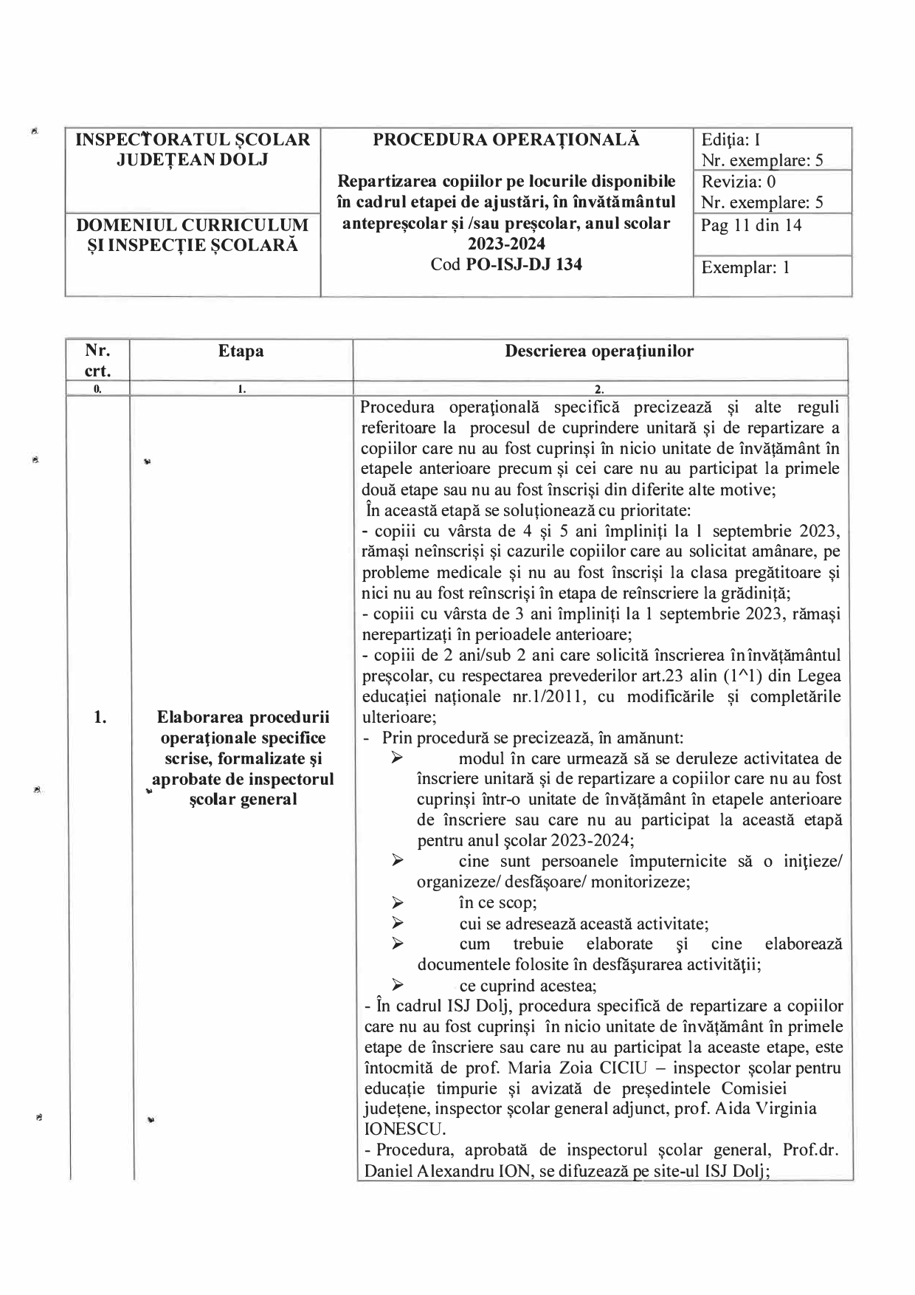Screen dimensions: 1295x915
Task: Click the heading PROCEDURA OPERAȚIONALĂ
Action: click(x=506, y=140)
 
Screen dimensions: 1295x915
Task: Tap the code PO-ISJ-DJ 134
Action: click(x=524, y=264)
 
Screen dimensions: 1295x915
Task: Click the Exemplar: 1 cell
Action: click(x=745, y=267)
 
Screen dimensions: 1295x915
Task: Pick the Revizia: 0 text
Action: click(x=738, y=182)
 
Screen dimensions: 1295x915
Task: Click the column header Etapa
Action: click(x=241, y=351)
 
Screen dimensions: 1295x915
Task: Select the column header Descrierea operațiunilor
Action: click(x=599, y=351)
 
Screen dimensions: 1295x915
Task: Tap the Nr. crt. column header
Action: click(x=97, y=360)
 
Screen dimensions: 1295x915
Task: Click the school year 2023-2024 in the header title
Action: click(x=506, y=244)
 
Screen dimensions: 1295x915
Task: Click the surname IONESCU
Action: click(x=404, y=1129)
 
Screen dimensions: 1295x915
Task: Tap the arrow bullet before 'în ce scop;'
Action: click(x=398, y=902)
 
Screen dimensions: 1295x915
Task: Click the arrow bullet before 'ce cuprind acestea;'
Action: click(x=398, y=984)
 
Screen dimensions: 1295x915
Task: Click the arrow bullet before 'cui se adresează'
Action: click(x=398, y=923)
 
